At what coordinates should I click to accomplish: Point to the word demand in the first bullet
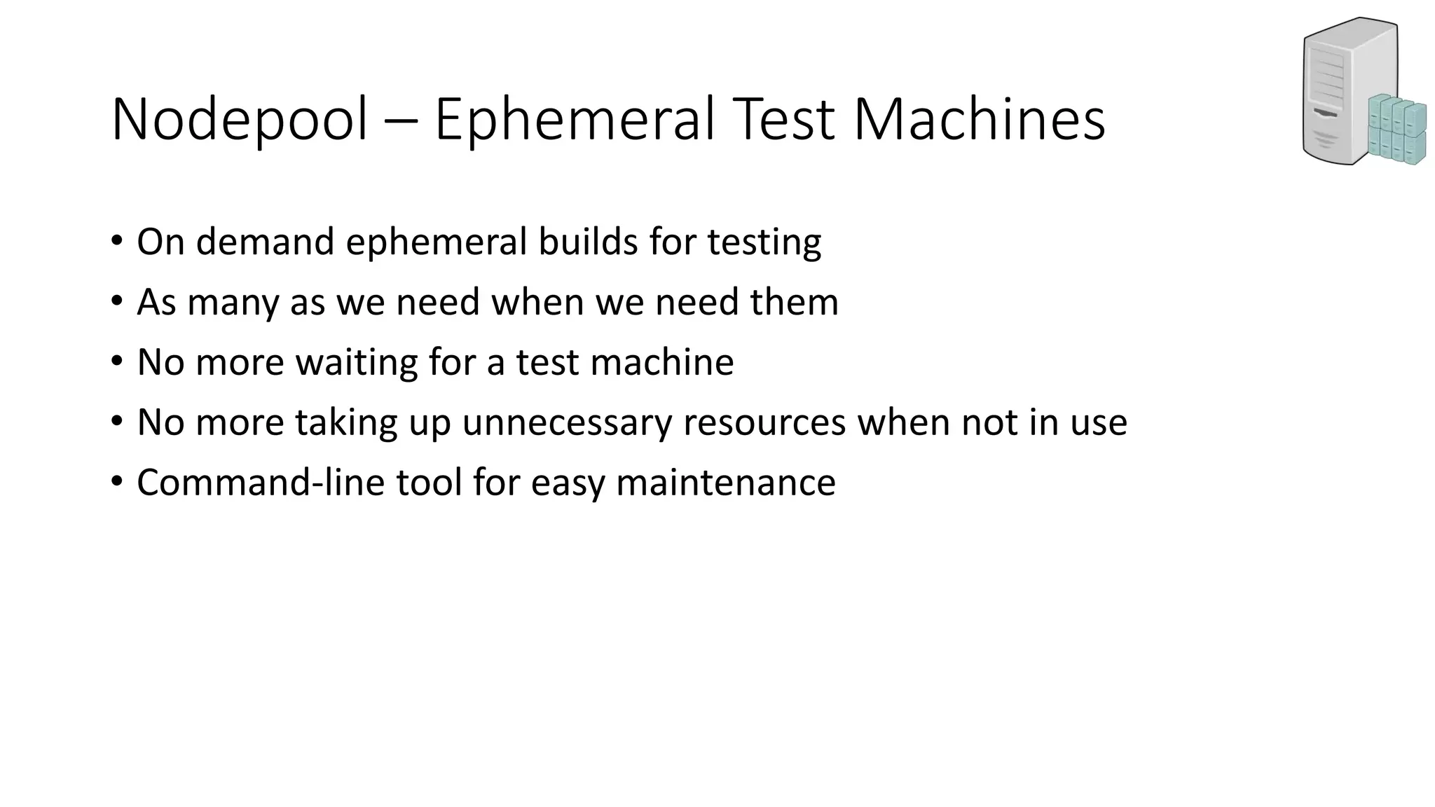265,242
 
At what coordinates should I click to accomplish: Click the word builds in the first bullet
587,242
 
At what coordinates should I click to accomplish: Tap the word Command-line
261,483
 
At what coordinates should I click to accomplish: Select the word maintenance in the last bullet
726,483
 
